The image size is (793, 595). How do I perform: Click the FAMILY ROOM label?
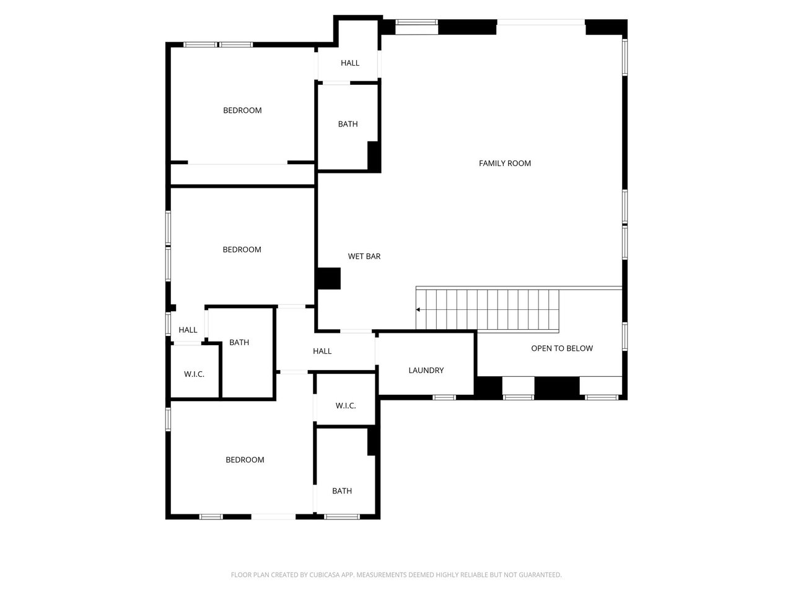click(x=505, y=163)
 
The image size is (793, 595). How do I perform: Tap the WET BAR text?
click(x=364, y=256)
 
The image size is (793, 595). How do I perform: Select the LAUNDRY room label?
click(x=426, y=370)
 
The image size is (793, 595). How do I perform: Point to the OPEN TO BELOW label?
click(x=561, y=348)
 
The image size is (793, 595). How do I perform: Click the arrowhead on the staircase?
click(x=419, y=309)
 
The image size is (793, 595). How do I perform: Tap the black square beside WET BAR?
click(x=328, y=278)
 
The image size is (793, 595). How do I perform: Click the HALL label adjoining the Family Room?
click(x=349, y=63)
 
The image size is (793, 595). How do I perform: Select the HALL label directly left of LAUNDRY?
click(x=322, y=351)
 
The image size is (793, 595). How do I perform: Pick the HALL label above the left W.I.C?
click(x=188, y=330)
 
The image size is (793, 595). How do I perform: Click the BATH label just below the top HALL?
click(x=348, y=124)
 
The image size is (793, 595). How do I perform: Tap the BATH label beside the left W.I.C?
click(x=239, y=342)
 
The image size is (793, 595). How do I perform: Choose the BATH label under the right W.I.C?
click(x=341, y=491)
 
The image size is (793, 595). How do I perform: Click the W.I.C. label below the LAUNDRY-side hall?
click(x=345, y=405)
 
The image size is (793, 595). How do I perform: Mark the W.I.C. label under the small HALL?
click(x=194, y=374)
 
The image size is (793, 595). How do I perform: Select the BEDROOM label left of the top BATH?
click(x=242, y=110)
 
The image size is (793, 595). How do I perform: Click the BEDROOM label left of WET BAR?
click(x=242, y=249)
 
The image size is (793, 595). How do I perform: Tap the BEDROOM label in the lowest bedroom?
click(x=245, y=459)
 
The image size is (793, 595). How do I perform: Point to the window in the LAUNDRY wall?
click(x=444, y=397)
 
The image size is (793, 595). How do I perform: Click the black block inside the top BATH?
click(x=374, y=156)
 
